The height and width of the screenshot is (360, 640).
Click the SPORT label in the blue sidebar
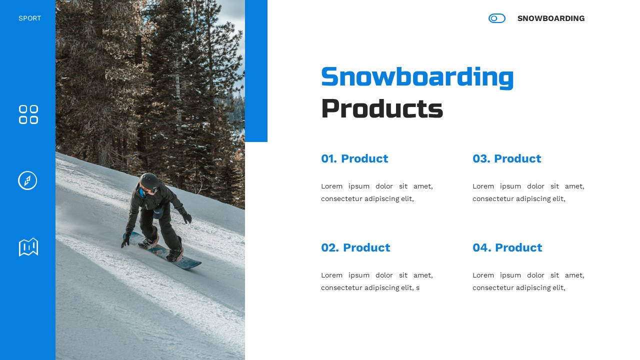(x=29, y=18)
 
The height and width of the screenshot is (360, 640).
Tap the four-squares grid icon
(x=28, y=114)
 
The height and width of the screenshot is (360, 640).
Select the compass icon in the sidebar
(x=27, y=180)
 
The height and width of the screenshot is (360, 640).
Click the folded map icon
(x=28, y=247)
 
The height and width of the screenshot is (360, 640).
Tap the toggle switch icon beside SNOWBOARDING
(x=496, y=18)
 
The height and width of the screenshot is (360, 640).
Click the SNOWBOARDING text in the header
(x=550, y=18)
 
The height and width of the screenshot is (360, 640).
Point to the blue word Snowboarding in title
(x=417, y=77)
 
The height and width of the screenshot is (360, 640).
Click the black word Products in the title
(x=381, y=108)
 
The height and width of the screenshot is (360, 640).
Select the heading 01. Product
(x=354, y=158)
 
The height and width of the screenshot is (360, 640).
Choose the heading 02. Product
(x=355, y=247)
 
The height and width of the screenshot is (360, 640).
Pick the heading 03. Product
(x=506, y=158)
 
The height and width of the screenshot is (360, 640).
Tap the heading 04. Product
(x=507, y=247)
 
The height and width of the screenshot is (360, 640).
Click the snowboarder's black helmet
(x=149, y=180)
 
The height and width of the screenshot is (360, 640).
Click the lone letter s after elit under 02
(x=417, y=288)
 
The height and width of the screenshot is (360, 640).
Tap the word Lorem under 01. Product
(x=331, y=186)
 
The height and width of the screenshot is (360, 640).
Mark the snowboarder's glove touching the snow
(x=125, y=240)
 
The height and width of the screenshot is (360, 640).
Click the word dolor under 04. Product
(x=535, y=275)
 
